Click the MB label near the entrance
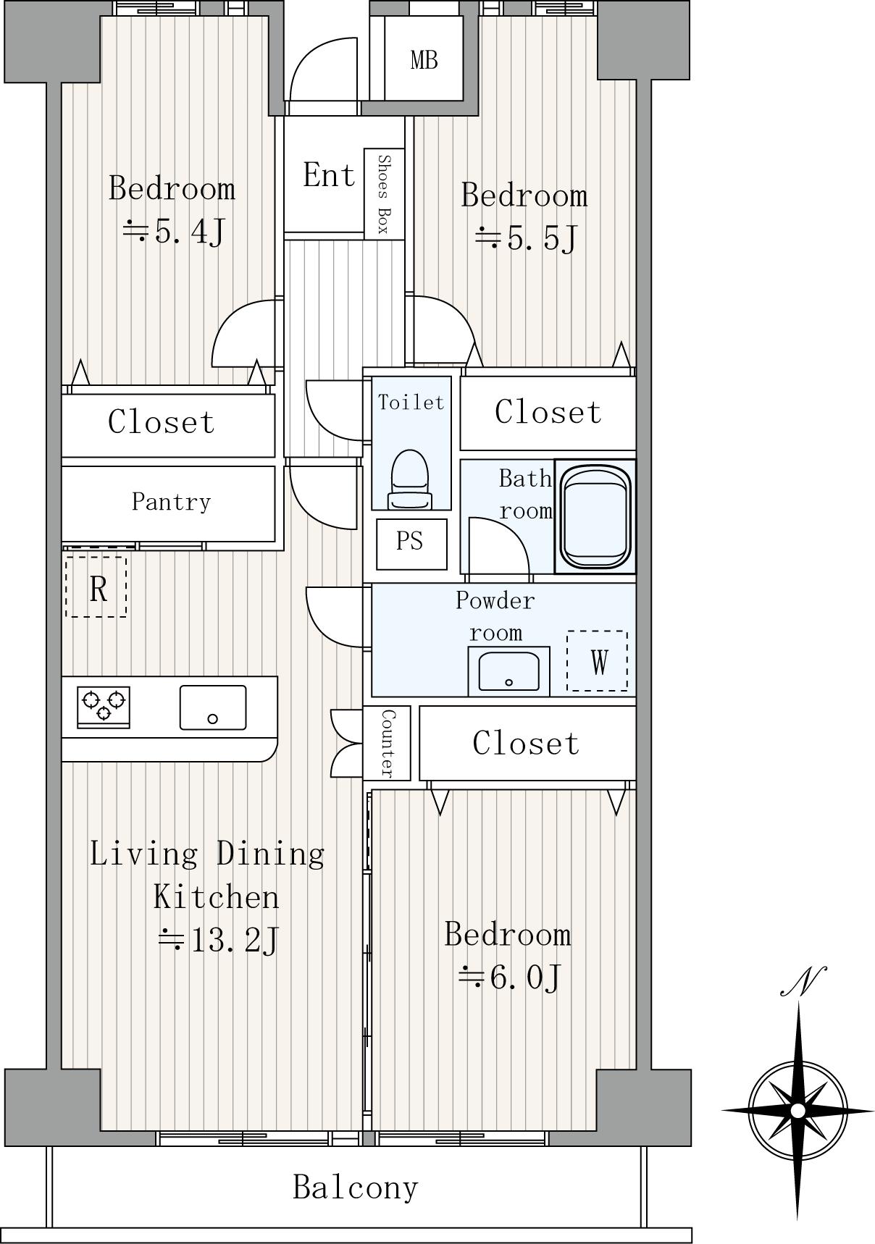424,59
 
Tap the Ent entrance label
329,175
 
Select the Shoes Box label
384,194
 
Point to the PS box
411,544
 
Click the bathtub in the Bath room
595,516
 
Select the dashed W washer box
597,660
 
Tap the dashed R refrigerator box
96,587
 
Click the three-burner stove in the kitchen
104,707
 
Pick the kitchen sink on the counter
212,707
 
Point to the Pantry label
171,502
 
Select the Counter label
388,744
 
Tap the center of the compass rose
797,1110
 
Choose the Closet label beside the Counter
527,744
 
